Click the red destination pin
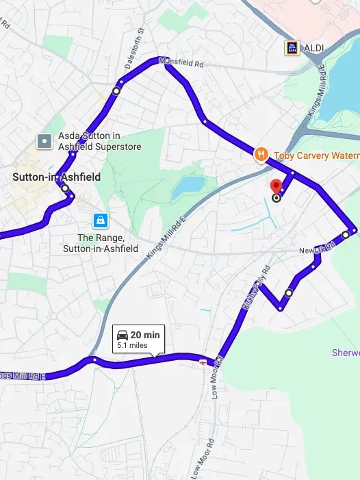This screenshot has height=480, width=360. [276, 186]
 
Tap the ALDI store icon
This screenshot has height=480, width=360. [292, 47]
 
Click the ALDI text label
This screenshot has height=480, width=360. [314, 47]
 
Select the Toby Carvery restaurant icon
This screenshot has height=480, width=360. [260, 155]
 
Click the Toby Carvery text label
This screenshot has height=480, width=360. [316, 155]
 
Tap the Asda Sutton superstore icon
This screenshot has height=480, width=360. [44, 141]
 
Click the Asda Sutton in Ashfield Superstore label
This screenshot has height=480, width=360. [99, 141]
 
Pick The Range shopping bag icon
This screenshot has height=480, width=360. [101, 220]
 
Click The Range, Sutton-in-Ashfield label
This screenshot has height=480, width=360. [101, 243]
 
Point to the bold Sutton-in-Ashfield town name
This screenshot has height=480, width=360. [57, 177]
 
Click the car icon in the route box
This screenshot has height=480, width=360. [123, 335]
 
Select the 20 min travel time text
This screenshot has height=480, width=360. [145, 335]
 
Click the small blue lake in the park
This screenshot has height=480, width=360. [188, 186]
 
